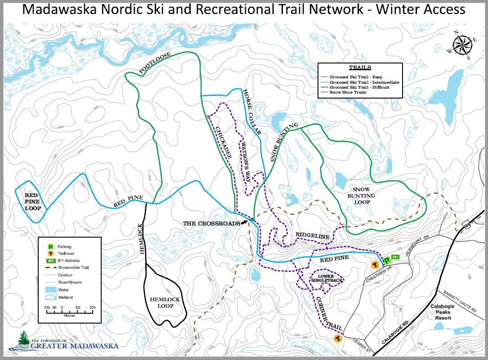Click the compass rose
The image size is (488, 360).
click(461, 45)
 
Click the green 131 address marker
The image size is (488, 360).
click(395, 257)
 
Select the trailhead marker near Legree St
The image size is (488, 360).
click(337, 338)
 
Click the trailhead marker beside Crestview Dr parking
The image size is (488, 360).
click(374, 265)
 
